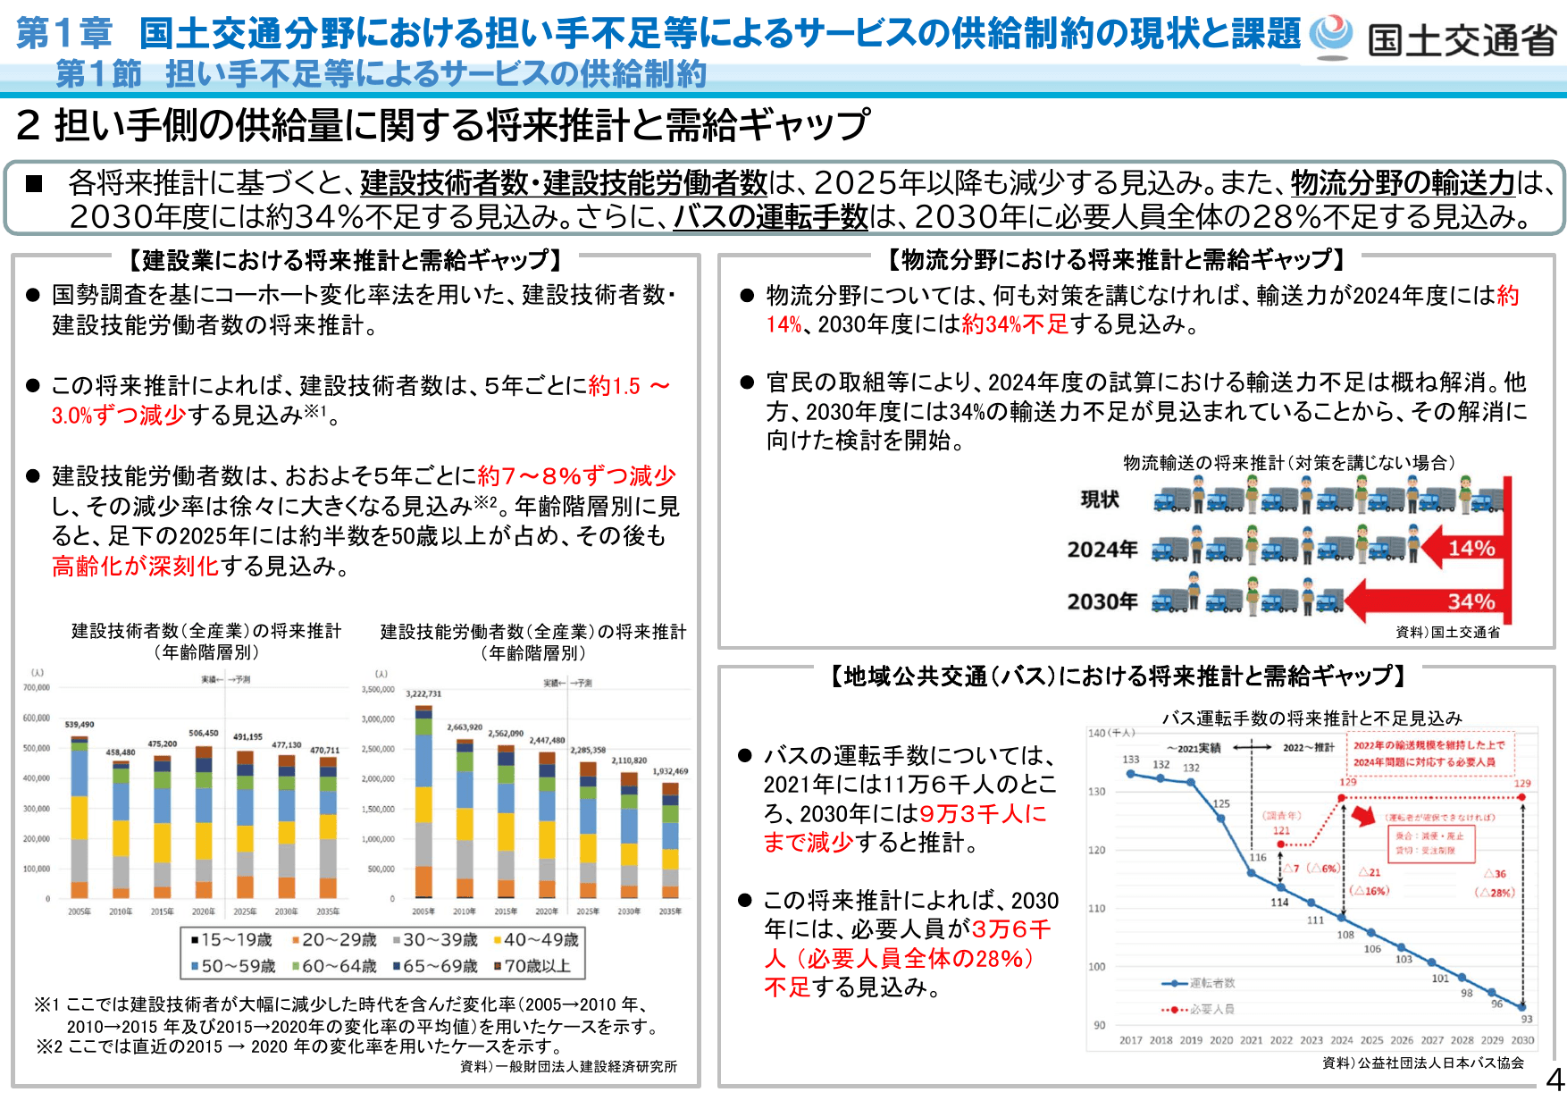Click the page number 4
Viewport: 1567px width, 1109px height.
coord(1554,1080)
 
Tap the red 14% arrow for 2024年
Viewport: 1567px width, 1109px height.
coord(1465,548)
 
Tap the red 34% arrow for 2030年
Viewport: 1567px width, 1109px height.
coord(1429,601)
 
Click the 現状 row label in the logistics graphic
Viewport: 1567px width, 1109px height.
coord(1099,500)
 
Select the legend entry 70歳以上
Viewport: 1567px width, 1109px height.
coord(532,966)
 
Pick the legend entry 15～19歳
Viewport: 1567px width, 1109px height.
coord(230,940)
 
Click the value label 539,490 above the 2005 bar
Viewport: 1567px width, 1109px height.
coord(80,724)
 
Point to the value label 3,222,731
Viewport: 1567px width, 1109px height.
coord(423,693)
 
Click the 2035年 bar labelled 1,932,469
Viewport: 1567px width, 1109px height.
coord(670,840)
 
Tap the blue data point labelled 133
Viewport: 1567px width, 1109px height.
coord(1131,774)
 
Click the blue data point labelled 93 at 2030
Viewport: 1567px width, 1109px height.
coord(1522,1007)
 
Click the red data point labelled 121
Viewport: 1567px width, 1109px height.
coord(1282,844)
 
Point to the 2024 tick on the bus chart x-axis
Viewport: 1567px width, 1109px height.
coord(1341,1040)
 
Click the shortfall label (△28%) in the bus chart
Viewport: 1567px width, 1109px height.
coord(1495,892)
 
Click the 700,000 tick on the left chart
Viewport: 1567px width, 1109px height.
coord(37,687)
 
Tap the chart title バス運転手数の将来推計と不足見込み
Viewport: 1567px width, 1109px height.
coord(1311,718)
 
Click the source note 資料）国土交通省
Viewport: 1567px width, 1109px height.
coord(1447,632)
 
